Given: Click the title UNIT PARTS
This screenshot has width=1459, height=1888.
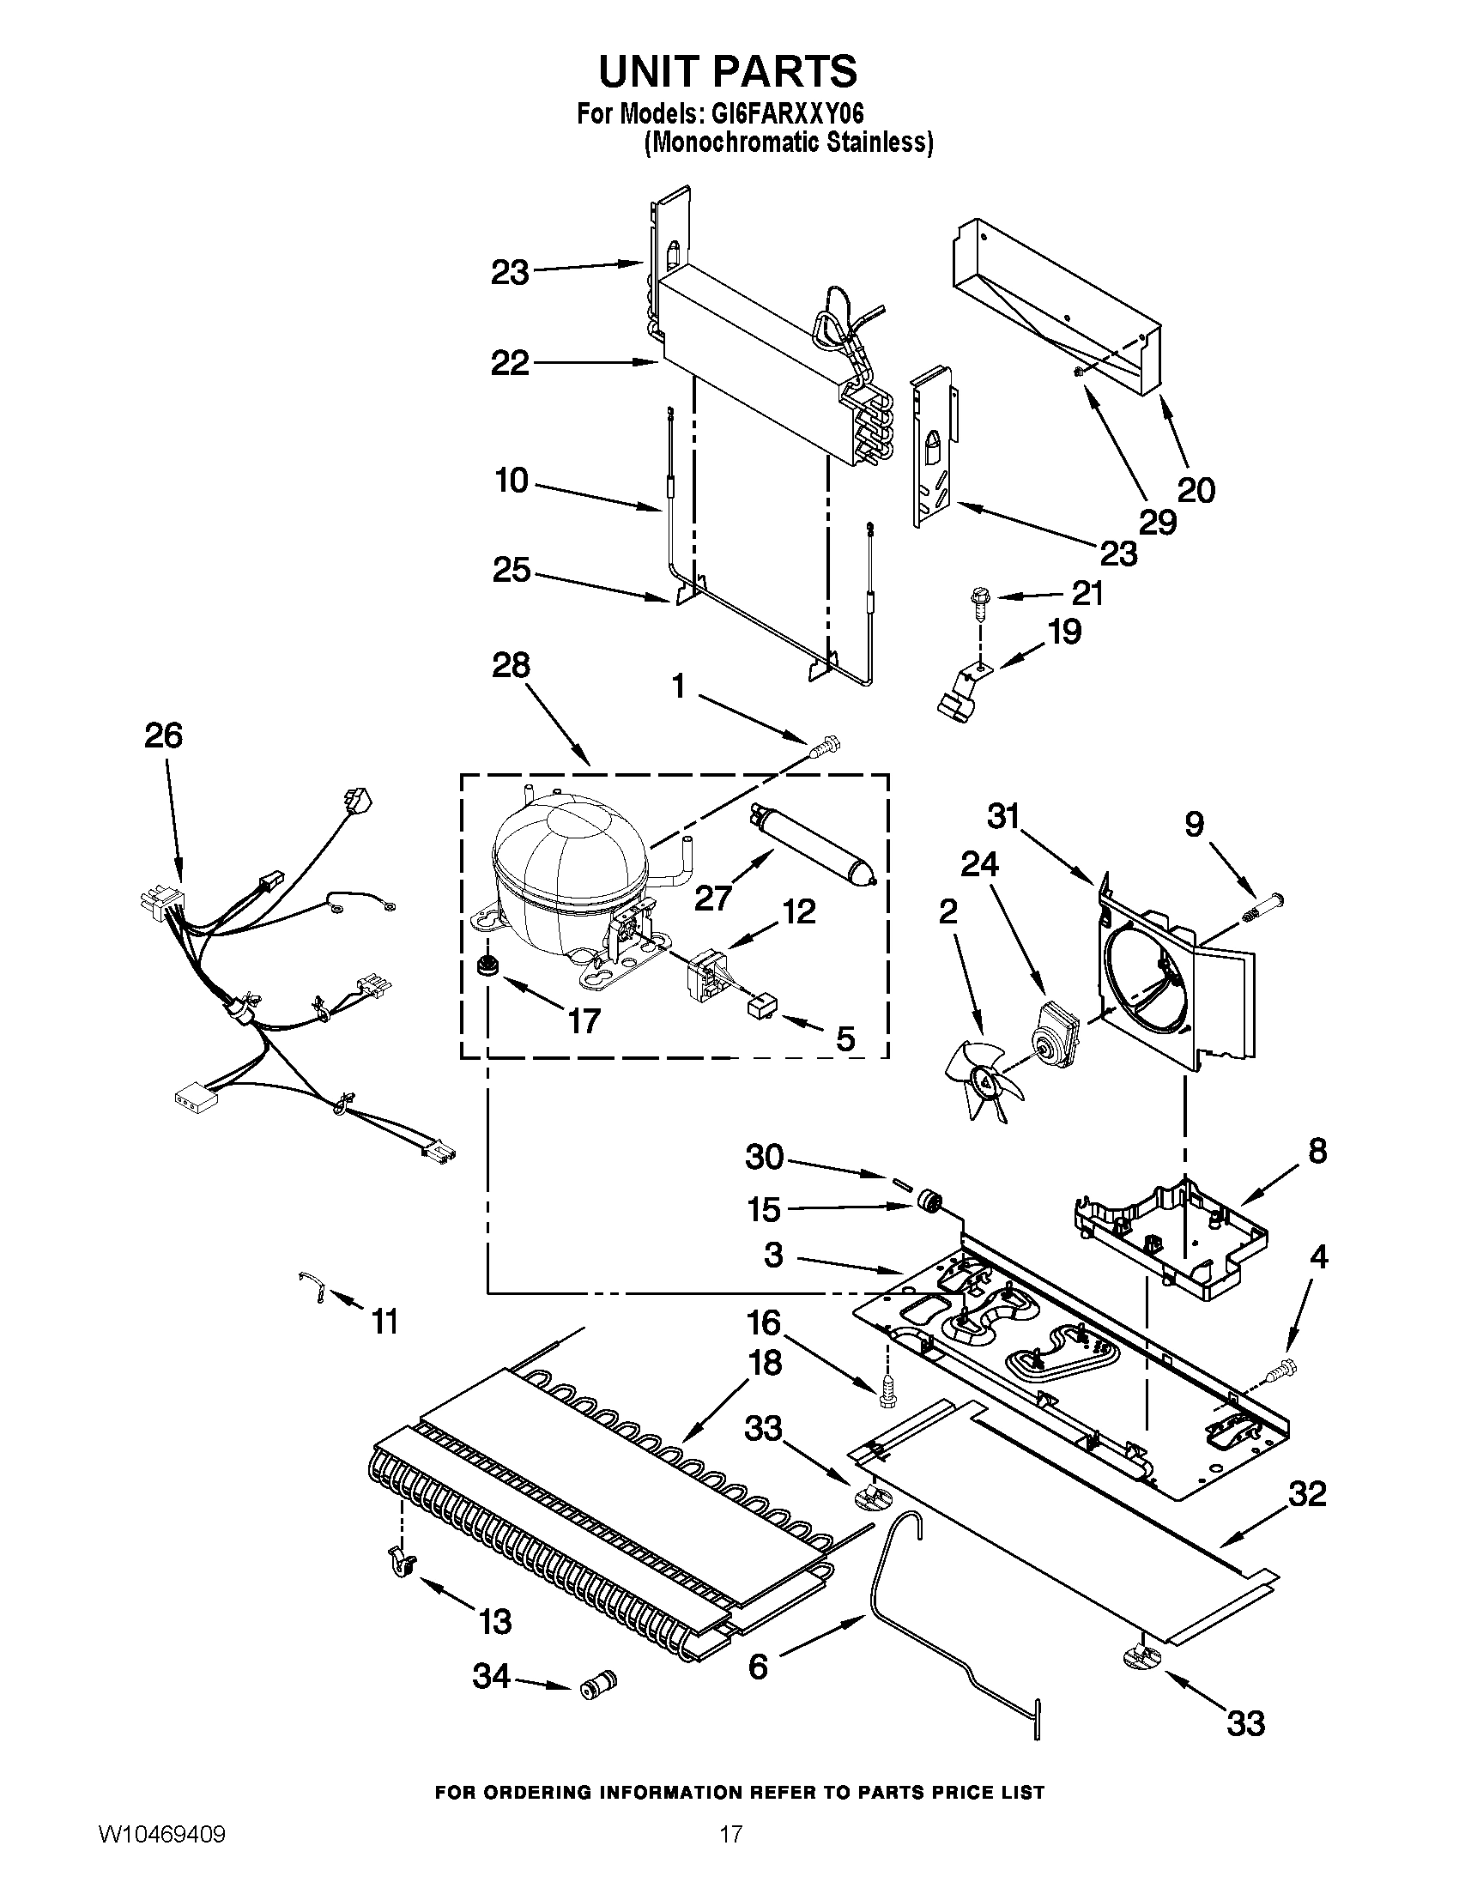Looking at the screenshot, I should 729,71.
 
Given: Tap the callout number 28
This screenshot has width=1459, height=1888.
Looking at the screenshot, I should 511,667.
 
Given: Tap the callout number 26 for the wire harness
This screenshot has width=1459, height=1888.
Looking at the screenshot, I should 163,735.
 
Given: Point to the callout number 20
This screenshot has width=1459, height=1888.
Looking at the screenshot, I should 1196,490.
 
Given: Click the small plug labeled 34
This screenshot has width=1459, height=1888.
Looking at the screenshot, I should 598,1681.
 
